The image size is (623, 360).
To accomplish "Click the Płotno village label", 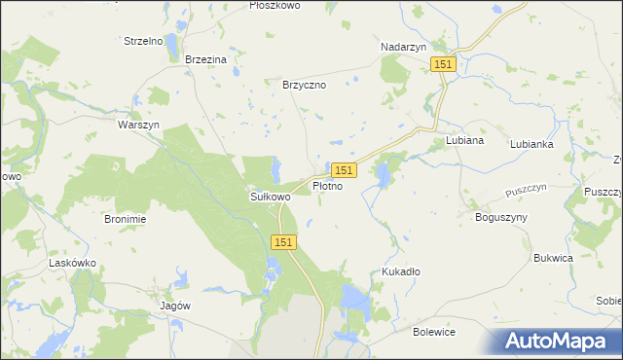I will click(x=327, y=185).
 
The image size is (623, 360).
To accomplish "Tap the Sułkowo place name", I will click(x=265, y=197).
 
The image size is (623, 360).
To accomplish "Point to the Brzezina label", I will click(x=205, y=59).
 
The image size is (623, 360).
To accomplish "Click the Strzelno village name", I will click(x=143, y=41).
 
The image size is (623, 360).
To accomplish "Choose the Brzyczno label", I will click(x=304, y=85).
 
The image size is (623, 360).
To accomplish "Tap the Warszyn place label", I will click(x=138, y=126).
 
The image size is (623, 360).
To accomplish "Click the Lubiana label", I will click(x=464, y=140).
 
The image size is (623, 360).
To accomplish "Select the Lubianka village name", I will click(x=531, y=143).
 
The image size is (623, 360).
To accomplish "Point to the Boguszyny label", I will click(x=500, y=217).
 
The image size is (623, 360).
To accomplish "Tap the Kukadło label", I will click(x=401, y=272).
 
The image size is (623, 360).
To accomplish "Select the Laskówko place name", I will click(x=71, y=263).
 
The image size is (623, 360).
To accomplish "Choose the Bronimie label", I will click(x=125, y=219).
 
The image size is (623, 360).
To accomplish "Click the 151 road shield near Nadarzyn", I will click(x=443, y=63).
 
